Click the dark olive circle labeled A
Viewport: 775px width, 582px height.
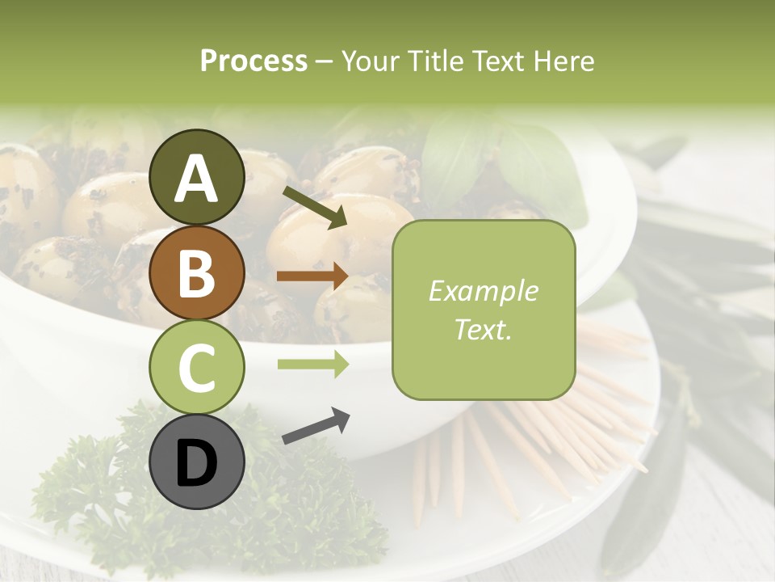197,177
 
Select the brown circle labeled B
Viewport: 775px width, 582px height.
197,272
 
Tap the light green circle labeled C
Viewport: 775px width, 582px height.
197,368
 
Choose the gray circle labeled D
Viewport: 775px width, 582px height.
197,462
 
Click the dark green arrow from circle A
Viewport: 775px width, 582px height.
315,208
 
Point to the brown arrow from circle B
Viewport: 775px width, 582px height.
312,276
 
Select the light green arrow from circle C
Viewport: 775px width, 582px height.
312,365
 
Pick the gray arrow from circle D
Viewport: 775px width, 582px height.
316,426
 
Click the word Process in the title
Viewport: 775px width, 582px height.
253,61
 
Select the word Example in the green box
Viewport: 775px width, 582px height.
483,291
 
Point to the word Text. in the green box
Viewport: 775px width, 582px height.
483,329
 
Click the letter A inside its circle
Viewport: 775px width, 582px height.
197,179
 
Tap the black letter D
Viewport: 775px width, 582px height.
197,464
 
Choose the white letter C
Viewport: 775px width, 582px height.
197,369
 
